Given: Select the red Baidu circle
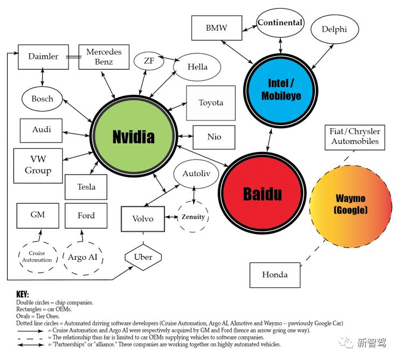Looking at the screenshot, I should (x=262, y=193).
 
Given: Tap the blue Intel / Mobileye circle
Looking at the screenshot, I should (x=280, y=89).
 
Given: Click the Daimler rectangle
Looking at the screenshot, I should (x=43, y=57).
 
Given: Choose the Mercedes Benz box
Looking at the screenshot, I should (x=104, y=57).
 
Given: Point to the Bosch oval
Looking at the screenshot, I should (x=42, y=99).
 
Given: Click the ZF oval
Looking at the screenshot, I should (x=149, y=60).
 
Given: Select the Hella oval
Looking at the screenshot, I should (x=197, y=67).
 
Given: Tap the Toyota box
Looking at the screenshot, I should (x=211, y=103).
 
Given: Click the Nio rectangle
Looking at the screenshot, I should (x=214, y=137).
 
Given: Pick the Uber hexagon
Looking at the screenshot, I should (x=143, y=257).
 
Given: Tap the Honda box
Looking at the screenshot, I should (x=275, y=275).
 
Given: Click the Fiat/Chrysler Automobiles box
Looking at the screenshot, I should (x=355, y=137).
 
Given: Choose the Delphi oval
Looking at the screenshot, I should (x=334, y=30).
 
